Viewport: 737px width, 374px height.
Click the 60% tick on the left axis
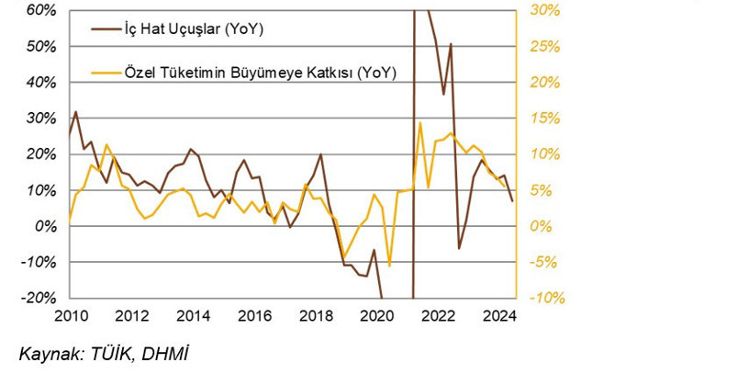42,10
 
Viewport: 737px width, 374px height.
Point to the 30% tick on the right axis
544,10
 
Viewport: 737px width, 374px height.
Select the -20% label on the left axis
39,298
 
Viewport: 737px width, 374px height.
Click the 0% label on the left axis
46,226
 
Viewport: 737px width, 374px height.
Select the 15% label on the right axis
544,118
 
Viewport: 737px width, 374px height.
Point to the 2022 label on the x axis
439,318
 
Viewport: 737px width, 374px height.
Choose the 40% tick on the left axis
42,82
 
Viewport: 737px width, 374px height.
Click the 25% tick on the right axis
544,46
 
